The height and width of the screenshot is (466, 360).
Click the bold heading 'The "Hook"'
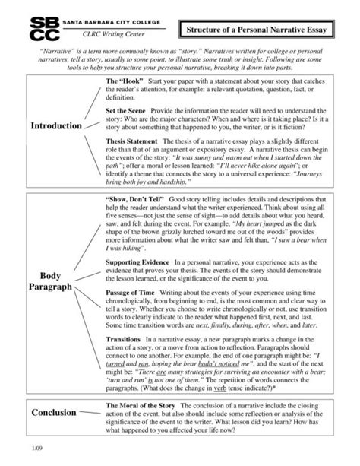[x=125, y=81]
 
